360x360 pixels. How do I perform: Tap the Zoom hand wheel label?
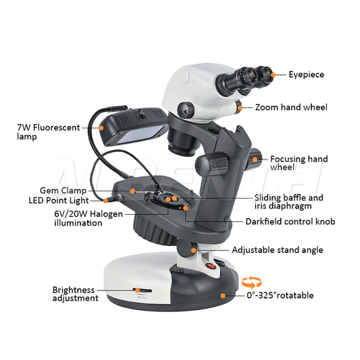[x=291, y=107]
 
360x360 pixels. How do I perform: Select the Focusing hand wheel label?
[x=299, y=163]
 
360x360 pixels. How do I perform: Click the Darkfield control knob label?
[x=290, y=222]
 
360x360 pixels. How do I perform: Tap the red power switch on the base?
[x=210, y=266]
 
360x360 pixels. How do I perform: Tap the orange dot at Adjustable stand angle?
[x=195, y=250]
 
